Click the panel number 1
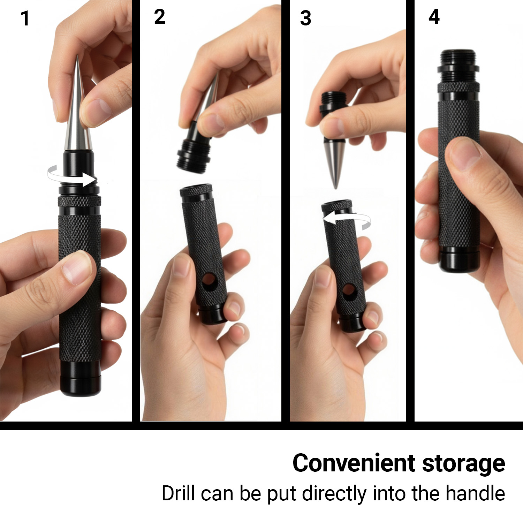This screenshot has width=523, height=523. (25, 18)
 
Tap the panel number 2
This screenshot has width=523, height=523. (160, 17)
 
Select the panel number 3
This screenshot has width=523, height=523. (306, 18)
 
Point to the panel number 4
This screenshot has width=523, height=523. (434, 16)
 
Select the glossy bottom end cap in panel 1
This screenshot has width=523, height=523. (81, 378)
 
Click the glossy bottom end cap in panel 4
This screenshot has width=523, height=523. (459, 260)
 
